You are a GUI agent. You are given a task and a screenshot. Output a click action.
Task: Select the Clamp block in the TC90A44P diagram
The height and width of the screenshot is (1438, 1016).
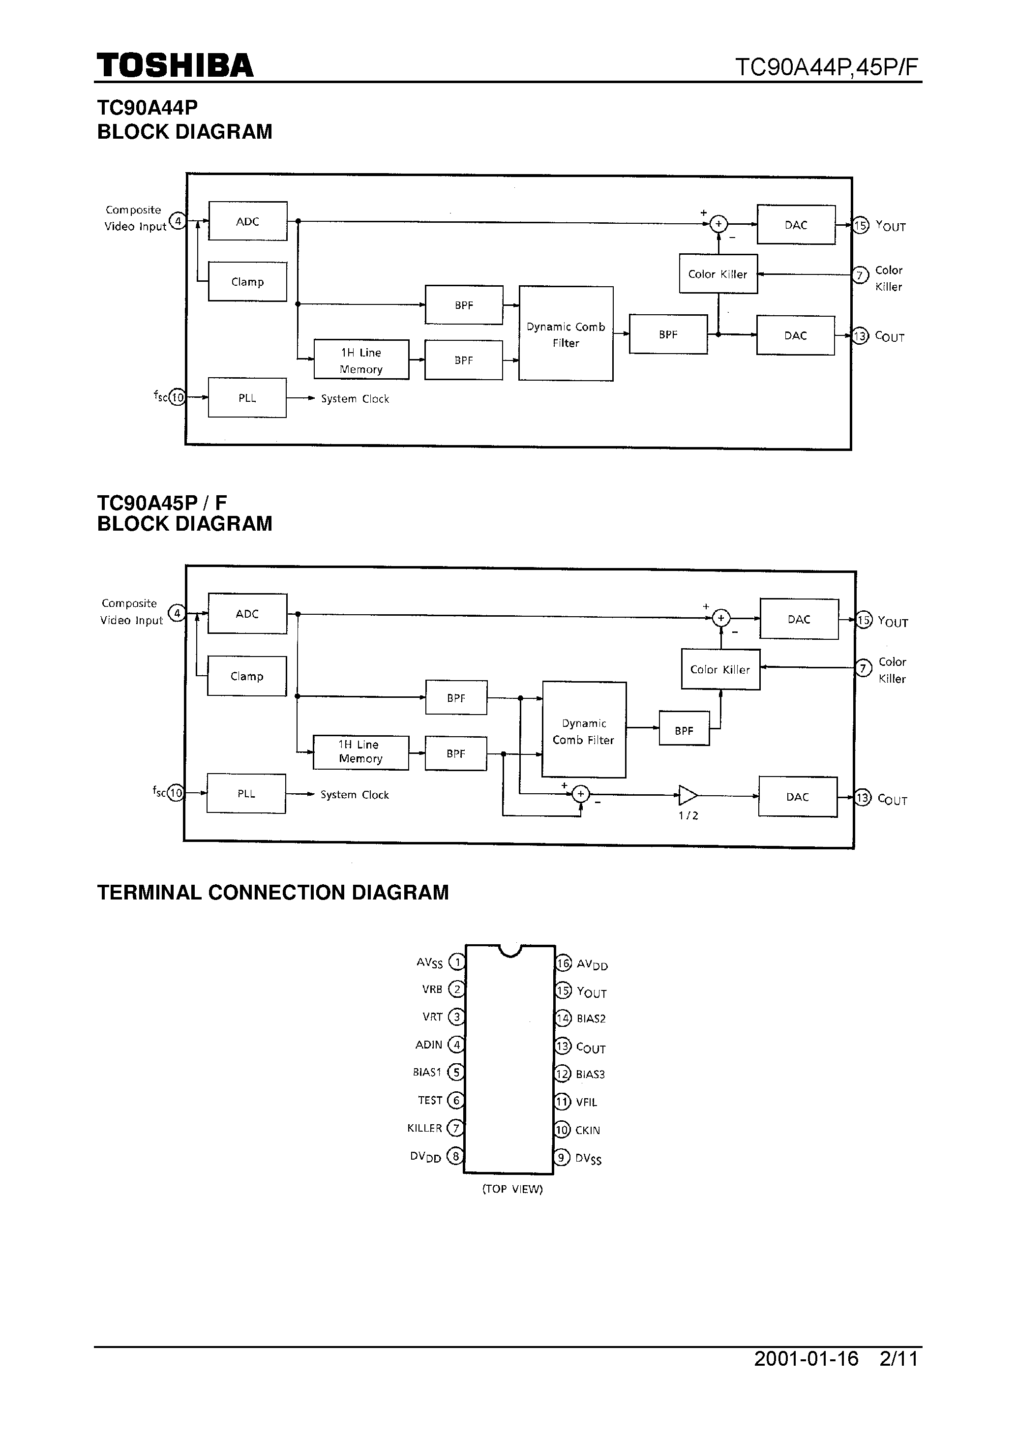(247, 282)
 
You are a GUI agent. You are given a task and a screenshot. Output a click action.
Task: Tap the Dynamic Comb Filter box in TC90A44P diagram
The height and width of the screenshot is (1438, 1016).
(566, 334)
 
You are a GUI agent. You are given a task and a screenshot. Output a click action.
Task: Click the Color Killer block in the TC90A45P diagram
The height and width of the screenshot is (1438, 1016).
(720, 669)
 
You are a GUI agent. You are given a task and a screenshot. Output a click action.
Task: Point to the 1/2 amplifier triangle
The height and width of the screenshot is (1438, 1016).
(687, 795)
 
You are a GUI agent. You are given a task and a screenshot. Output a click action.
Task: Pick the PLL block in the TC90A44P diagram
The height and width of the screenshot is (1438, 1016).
(247, 398)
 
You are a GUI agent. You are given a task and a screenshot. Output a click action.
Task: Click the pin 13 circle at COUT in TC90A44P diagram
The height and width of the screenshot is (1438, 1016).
(860, 336)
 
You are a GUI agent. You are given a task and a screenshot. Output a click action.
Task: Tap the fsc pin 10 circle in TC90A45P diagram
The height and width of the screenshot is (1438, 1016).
(176, 793)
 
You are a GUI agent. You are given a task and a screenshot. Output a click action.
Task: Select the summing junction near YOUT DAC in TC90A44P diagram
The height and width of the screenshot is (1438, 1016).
(718, 224)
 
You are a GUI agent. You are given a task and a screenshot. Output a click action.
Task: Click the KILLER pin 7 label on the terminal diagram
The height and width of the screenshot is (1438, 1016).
(425, 1128)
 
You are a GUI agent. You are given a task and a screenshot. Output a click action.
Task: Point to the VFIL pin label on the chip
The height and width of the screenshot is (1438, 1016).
(586, 1102)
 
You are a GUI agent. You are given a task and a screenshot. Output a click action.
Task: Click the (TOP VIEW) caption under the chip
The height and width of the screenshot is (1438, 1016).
(512, 1189)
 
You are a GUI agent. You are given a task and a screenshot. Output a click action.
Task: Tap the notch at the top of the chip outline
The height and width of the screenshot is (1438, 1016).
(510, 951)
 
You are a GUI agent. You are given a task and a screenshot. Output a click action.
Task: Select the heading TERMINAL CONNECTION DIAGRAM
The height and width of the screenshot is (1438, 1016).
(272, 893)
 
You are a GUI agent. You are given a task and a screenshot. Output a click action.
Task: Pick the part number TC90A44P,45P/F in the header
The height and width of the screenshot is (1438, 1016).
(826, 66)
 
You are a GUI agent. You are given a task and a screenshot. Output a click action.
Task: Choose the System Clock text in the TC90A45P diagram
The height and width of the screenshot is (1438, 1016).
(355, 795)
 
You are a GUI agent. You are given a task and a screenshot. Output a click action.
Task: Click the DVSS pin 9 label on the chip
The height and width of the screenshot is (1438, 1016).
(588, 1159)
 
